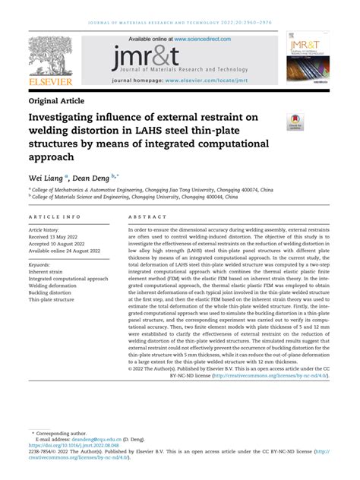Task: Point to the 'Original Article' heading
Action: [x=67, y=100]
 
